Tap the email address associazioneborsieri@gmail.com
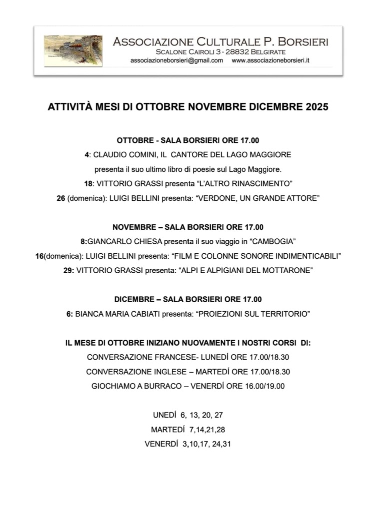point(176,60)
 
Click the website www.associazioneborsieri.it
point(271,60)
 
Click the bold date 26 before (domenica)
point(61,198)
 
